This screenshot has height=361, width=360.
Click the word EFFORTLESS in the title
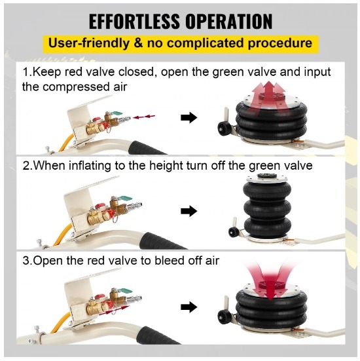coord(134,21)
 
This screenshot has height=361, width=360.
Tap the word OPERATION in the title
coord(229,21)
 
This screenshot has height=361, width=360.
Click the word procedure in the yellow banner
coord(280,43)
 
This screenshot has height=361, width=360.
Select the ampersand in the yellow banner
coord(138,43)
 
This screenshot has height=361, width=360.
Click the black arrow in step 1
coord(189,118)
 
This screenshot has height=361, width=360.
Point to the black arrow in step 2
coord(189,211)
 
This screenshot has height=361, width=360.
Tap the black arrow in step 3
coord(189,307)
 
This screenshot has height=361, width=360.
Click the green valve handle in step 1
coord(117,113)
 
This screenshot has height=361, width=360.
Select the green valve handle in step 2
coord(126,198)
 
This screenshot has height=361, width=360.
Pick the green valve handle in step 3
coord(126,291)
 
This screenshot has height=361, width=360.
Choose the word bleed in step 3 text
coord(169,261)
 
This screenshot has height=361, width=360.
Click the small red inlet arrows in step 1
coord(144,117)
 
